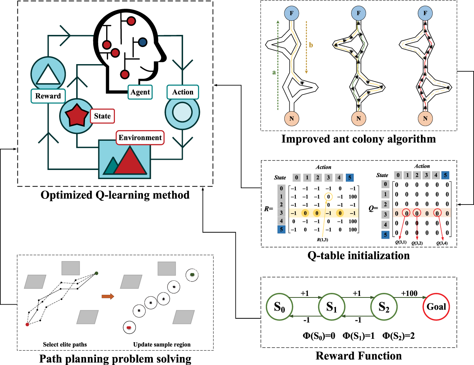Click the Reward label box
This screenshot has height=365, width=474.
click(x=48, y=96)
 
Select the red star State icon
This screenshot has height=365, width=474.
click(x=77, y=116)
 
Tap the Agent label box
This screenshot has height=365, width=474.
click(x=140, y=92)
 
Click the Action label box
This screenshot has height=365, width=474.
click(x=183, y=92)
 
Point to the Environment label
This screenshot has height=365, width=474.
click(x=140, y=137)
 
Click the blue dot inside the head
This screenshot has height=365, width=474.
click(x=143, y=42)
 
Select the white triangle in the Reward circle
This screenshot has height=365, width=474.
click(x=48, y=74)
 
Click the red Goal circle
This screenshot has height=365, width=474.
click(x=436, y=307)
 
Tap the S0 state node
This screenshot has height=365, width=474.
click(x=279, y=307)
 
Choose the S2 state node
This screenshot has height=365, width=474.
click(x=384, y=307)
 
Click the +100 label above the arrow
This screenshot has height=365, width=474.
click(x=409, y=293)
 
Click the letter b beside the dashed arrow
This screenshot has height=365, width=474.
click(x=311, y=45)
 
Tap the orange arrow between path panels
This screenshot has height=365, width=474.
click(x=108, y=296)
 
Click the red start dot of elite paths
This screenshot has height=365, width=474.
click(x=27, y=324)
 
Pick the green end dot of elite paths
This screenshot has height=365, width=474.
click(x=97, y=273)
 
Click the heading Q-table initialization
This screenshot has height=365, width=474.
click(x=358, y=255)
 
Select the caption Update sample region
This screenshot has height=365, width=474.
click(x=162, y=345)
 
